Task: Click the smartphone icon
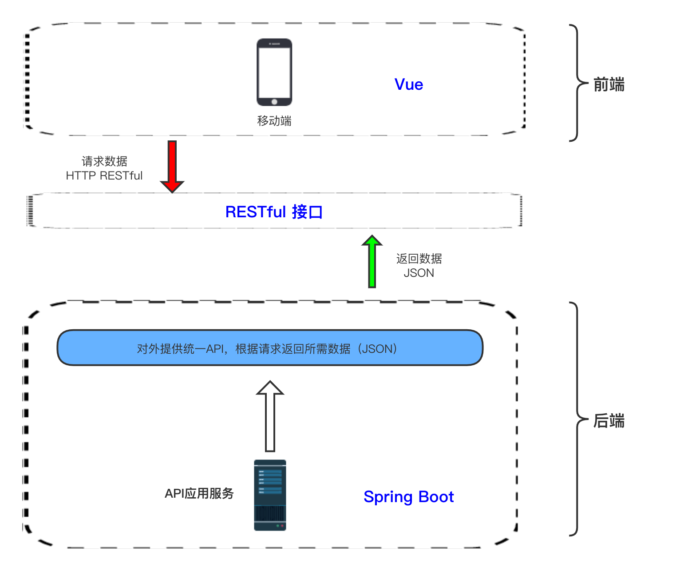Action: click(x=274, y=72)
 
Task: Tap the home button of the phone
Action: click(x=274, y=102)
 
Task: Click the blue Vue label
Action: click(x=409, y=84)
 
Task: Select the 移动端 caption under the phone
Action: click(x=274, y=121)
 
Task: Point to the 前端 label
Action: click(x=609, y=84)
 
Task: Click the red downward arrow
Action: click(x=172, y=167)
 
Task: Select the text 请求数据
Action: click(x=104, y=161)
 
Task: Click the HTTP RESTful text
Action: click(x=104, y=176)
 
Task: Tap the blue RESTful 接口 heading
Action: click(x=274, y=212)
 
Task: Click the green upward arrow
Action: click(x=372, y=261)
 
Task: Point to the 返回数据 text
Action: click(x=419, y=259)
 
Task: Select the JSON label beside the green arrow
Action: click(x=419, y=273)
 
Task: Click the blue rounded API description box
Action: click(x=270, y=347)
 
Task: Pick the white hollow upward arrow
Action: click(x=270, y=416)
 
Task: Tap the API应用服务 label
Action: click(x=199, y=493)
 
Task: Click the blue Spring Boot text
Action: click(x=409, y=497)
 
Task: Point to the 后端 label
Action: click(x=609, y=421)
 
